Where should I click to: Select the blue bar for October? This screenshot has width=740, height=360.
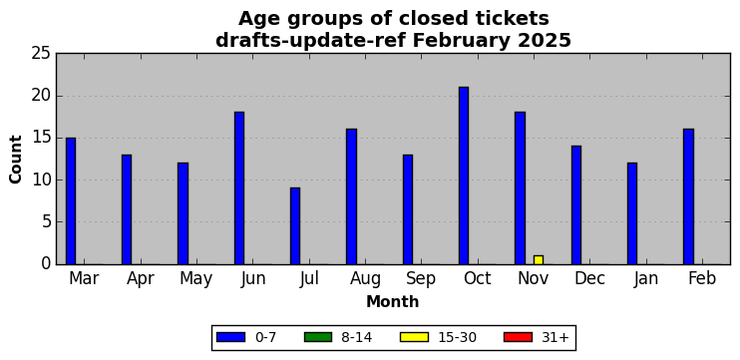[x=464, y=176]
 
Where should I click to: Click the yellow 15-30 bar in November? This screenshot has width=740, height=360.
[x=538, y=260]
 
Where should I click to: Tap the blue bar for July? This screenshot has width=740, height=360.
[x=295, y=226]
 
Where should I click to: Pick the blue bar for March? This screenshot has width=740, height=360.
[x=71, y=201]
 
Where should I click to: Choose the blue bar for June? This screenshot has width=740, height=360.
[x=238, y=188]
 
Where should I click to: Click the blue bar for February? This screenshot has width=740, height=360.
[x=688, y=196]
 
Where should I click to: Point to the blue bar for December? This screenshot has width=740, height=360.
[x=576, y=205]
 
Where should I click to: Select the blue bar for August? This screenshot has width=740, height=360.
[x=351, y=196]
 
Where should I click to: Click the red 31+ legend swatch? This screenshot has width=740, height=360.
[x=518, y=337]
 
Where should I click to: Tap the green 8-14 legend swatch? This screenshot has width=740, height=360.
[x=318, y=337]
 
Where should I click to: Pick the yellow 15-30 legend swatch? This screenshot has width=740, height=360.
[x=414, y=337]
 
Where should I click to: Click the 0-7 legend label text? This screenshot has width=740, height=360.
[x=265, y=337]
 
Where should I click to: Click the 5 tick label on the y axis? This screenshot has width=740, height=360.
[x=45, y=222]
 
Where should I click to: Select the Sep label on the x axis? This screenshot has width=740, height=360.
[x=421, y=279]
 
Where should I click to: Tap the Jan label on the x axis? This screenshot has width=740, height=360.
[x=646, y=279]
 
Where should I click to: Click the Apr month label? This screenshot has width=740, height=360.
[x=141, y=279]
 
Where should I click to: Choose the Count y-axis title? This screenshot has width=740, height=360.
[x=16, y=159]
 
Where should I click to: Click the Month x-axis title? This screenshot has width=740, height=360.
[x=393, y=301]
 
